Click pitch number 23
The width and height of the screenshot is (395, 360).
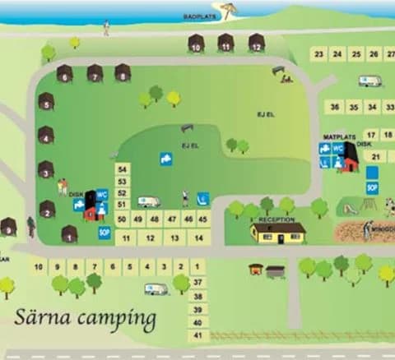tap(318, 54)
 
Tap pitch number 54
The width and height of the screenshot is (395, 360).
tap(123, 168)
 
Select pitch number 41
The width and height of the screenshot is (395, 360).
tap(197, 335)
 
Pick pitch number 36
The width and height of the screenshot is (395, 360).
tap(334, 107)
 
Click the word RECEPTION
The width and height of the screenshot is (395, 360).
tap(276, 219)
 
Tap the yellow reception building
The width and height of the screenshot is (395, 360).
tap(278, 233)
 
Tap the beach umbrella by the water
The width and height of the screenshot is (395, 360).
tap(229, 10)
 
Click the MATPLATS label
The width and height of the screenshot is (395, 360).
tap(337, 136)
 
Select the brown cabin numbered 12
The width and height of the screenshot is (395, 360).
tap(257, 43)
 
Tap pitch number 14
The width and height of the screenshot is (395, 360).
tap(198, 238)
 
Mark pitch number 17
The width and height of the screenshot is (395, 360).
tap(371, 135)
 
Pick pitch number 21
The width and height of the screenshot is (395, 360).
tap(376, 156)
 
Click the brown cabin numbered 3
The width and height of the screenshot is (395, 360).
tap(46, 170)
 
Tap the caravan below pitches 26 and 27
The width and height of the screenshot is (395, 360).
tap(370, 81)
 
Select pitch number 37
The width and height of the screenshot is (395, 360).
tap(197, 282)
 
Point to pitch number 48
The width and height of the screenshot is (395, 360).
tap(154, 219)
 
